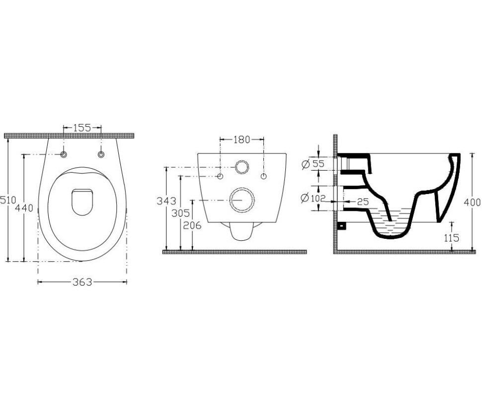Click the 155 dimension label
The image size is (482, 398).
pyautogui.click(x=82, y=127)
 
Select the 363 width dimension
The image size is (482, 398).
pyautogui.click(x=82, y=282)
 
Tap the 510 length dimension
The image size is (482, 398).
pyautogui.click(x=7, y=200)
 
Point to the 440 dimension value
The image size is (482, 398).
pyautogui.click(x=24, y=208)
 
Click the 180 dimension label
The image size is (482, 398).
pyautogui.click(x=242, y=140)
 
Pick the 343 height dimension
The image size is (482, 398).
pyautogui.click(x=166, y=201)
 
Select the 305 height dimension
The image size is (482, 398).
pyautogui.click(x=180, y=213)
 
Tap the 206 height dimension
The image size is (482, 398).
pyautogui.click(x=192, y=226)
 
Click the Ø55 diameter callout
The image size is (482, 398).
pyautogui.click(x=313, y=164)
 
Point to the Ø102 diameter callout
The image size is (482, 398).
pyautogui.click(x=313, y=198)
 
